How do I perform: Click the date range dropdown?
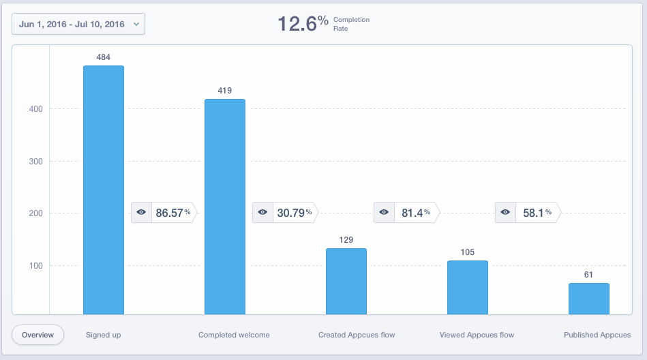tap(78, 24)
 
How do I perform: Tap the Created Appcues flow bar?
tap(346, 281)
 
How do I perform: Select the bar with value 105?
tap(468, 287)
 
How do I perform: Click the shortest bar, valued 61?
tap(589, 299)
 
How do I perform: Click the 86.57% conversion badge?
tap(164, 213)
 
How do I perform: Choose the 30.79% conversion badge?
tap(285, 213)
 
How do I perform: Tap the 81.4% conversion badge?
tap(406, 213)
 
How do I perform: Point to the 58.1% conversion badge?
tap(528, 213)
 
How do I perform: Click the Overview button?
tap(37, 335)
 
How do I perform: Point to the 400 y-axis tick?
tap(35, 109)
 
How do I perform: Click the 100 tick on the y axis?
tap(35, 266)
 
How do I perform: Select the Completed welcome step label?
tap(234, 335)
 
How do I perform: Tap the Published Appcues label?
tap(597, 335)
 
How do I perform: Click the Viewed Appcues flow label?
tap(477, 335)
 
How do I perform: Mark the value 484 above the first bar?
tap(104, 57)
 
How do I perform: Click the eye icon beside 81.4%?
tap(384, 213)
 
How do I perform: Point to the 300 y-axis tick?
tap(35, 162)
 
